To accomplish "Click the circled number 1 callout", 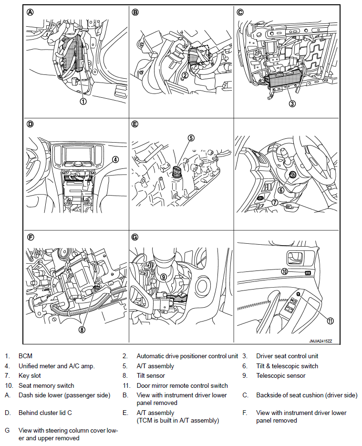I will pos(83,101).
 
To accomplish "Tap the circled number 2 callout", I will pos(185,75).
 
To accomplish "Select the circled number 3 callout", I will pos(292,103).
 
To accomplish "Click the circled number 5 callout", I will pos(191,138).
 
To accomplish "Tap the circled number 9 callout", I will pos(163,276).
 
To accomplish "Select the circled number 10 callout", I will pos(284,272).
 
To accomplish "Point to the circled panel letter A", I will pos(31,13).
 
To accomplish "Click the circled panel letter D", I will pos(31,124).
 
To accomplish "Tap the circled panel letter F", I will pos(31,236).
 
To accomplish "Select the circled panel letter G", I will pos(135,236).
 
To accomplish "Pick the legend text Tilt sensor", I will pos(151,375).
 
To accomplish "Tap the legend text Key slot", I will pos(30,375).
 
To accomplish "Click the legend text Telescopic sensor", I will pos(280,375).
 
